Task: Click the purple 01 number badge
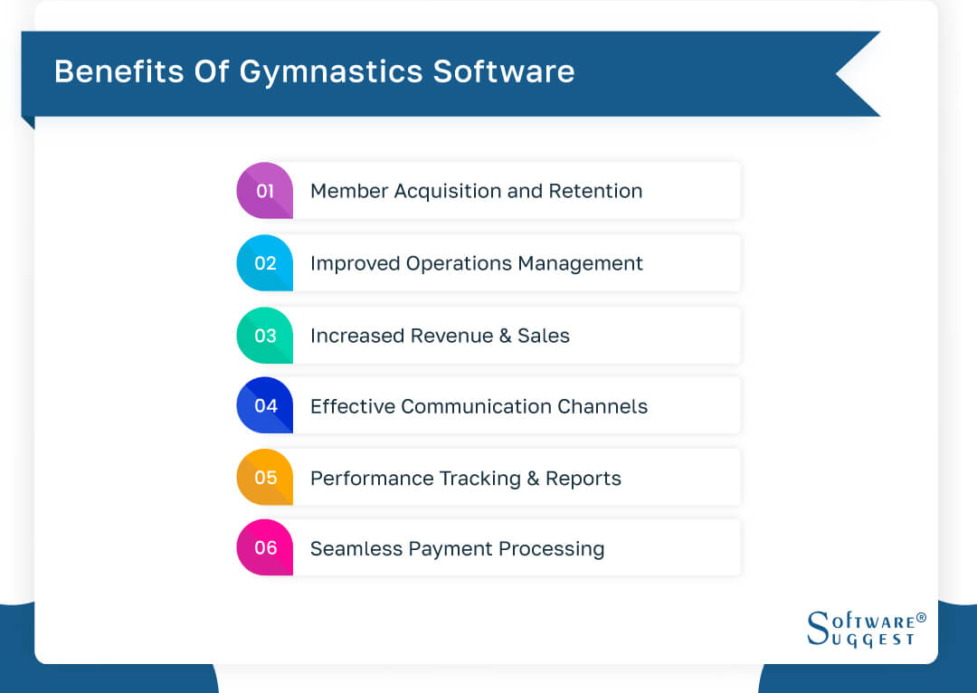click(264, 191)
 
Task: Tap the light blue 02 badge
click(264, 263)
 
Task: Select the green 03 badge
click(264, 336)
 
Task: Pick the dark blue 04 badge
click(264, 406)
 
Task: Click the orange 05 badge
click(264, 478)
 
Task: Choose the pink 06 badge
click(264, 548)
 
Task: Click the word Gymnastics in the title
click(330, 72)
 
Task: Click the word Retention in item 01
click(597, 191)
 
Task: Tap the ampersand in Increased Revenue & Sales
click(505, 336)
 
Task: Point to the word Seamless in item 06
click(352, 548)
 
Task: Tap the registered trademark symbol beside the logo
click(921, 618)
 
